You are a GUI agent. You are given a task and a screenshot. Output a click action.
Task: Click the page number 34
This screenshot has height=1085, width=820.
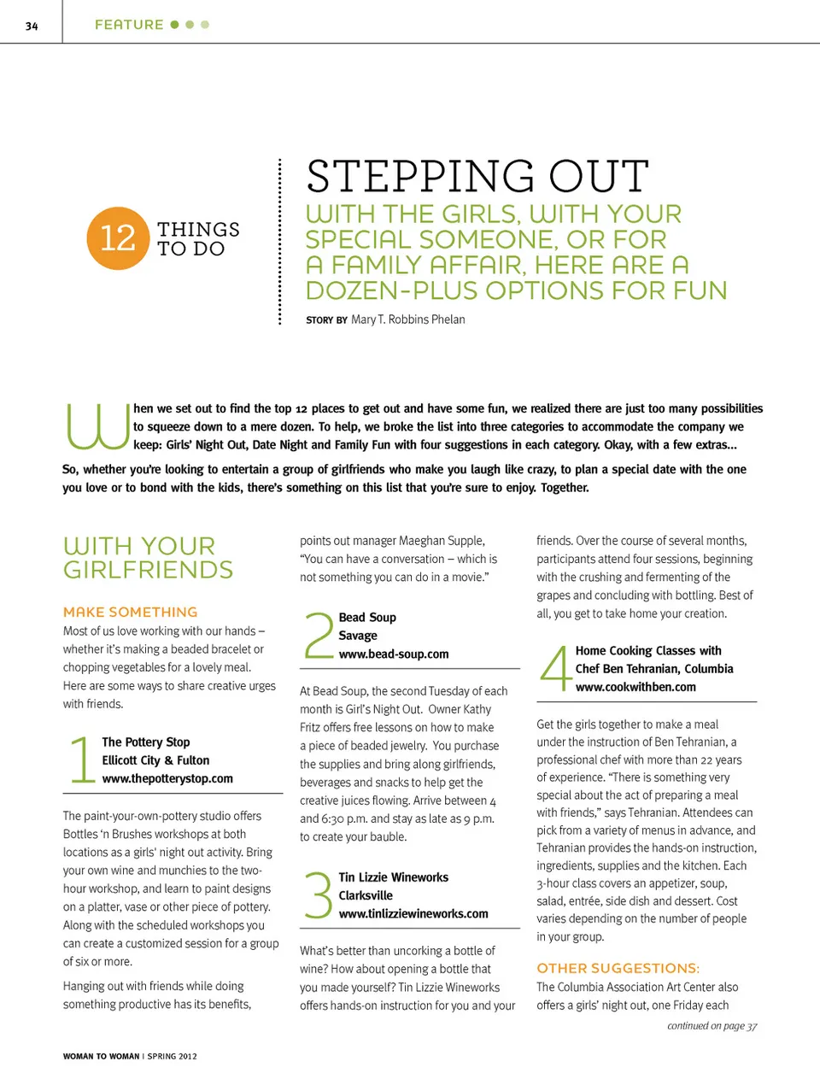pyautogui.click(x=32, y=26)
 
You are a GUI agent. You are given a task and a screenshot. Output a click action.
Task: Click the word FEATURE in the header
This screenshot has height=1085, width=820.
pyautogui.click(x=129, y=25)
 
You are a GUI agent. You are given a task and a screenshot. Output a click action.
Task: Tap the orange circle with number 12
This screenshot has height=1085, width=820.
pyautogui.click(x=118, y=238)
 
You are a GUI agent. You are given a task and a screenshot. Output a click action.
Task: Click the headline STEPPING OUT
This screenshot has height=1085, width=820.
pyautogui.click(x=477, y=177)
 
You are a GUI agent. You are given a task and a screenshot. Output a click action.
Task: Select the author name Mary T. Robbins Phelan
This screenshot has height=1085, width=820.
pyautogui.click(x=407, y=320)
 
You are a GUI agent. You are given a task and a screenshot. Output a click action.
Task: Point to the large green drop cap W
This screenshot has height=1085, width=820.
pyautogui.click(x=97, y=425)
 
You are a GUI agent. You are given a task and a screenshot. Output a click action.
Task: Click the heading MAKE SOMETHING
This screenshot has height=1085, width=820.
pyautogui.click(x=130, y=612)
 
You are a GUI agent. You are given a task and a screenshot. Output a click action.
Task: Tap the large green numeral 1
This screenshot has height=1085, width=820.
pyautogui.click(x=81, y=759)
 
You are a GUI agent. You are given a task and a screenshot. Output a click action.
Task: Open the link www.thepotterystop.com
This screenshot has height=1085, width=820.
pyautogui.click(x=167, y=778)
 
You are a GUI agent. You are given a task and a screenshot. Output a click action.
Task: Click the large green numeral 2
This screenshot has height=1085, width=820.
pyautogui.click(x=319, y=635)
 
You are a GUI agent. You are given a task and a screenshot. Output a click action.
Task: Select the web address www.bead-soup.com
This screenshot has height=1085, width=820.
pyautogui.click(x=394, y=654)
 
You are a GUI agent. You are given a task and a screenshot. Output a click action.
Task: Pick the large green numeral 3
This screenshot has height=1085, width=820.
pyautogui.click(x=318, y=894)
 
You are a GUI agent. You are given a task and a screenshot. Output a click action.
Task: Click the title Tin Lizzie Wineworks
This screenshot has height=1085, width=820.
pyautogui.click(x=393, y=877)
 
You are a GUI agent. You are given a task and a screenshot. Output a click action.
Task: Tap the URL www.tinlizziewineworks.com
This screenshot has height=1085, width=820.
pyautogui.click(x=413, y=913)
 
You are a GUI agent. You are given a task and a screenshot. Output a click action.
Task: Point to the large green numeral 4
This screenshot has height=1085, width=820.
pyautogui.click(x=555, y=667)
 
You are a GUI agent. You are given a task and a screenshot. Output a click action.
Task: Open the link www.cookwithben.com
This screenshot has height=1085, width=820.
pyautogui.click(x=635, y=686)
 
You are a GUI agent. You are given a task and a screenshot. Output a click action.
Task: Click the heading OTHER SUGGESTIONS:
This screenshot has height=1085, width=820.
pyautogui.click(x=618, y=968)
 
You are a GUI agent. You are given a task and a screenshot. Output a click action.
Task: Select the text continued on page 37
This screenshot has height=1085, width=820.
pyautogui.click(x=712, y=1026)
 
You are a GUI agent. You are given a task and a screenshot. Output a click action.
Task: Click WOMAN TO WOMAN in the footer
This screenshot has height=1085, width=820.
pyautogui.click(x=101, y=1056)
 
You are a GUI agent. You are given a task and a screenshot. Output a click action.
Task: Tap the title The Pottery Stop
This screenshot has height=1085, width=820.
pyautogui.click(x=146, y=742)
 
